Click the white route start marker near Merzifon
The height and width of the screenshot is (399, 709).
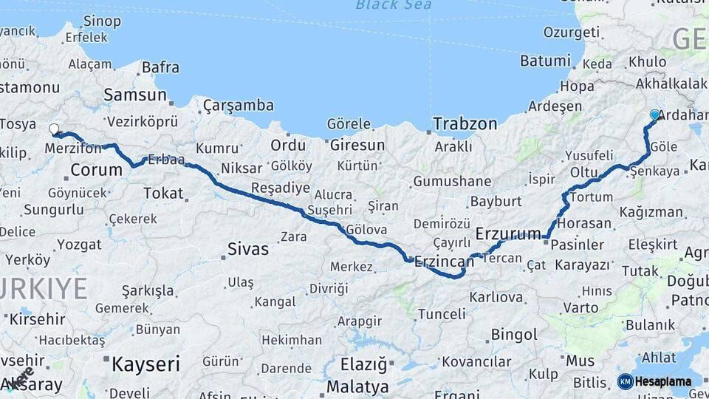(x=54, y=129)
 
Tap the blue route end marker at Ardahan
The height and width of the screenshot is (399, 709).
(x=654, y=115)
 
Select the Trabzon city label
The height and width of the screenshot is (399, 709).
(x=465, y=124)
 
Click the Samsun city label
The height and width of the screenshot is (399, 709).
(x=135, y=95)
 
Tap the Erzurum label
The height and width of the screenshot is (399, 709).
(x=508, y=234)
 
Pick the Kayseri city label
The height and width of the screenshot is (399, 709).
(x=145, y=364)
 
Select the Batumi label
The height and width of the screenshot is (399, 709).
(x=545, y=61)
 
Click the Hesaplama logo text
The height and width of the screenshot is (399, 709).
(x=665, y=381)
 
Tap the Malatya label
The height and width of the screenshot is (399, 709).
(x=357, y=386)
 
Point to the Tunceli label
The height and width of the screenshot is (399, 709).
(x=442, y=314)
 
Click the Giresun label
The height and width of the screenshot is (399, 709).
(x=357, y=145)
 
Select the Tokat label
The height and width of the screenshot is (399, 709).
(x=162, y=193)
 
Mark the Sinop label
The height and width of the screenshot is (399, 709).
(x=103, y=21)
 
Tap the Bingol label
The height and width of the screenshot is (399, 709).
(x=514, y=335)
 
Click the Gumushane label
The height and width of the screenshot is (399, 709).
(x=452, y=182)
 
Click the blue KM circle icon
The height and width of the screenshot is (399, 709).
(x=625, y=381)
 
